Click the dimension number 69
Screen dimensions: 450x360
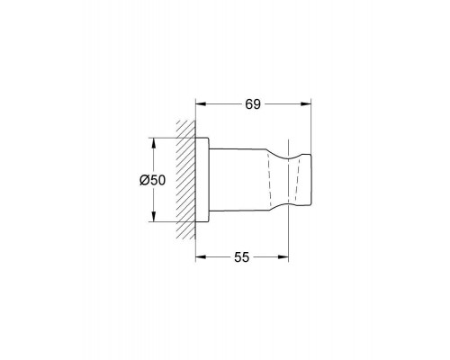coord(253,104)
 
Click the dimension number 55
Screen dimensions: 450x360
coord(241,257)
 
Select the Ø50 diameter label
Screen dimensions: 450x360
coord(152,180)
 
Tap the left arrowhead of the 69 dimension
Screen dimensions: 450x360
coord(201,104)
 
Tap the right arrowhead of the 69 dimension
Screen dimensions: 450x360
coord(306,104)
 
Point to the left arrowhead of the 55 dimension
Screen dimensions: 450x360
coord(201,257)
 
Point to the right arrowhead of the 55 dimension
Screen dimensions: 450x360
coord(283,257)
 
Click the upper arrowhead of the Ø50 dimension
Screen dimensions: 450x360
coord(153,143)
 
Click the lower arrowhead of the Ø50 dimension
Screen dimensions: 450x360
coord(153,217)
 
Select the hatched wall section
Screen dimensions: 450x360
coord(185,180)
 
